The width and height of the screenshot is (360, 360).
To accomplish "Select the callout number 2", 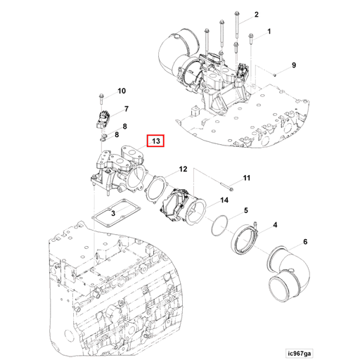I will (x=256, y=15).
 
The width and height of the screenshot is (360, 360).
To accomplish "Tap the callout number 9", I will (x=294, y=65).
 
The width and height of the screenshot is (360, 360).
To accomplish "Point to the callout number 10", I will (x=121, y=91).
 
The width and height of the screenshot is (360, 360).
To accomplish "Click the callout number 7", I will (x=126, y=109).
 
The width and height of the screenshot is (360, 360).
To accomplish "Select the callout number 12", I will (x=182, y=169).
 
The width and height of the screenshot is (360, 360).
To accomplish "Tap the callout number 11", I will (x=246, y=179).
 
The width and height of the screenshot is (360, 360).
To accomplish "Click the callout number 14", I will (x=224, y=200).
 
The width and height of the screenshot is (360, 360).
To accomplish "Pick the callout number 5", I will (x=245, y=210).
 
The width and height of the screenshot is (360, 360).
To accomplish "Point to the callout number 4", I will (x=275, y=225).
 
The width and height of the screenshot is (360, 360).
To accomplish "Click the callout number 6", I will (x=304, y=242).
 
